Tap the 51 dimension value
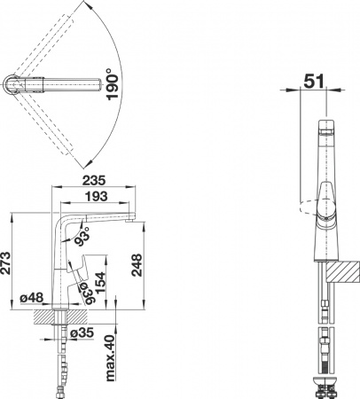[311, 80]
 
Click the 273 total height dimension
[8, 262]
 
